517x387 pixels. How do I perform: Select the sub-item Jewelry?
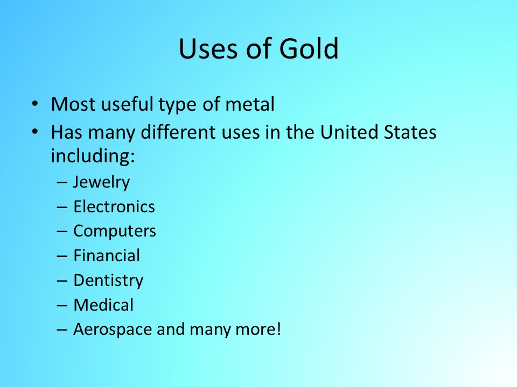(101, 182)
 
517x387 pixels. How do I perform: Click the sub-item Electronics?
(114, 207)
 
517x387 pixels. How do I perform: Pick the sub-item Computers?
(114, 231)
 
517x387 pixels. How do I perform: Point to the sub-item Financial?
(107, 256)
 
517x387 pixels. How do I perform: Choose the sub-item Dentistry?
(108, 281)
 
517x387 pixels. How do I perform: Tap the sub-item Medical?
(103, 305)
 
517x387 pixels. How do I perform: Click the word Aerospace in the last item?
(113, 329)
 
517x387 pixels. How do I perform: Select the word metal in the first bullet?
(250, 105)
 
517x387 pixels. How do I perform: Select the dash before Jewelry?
(61, 183)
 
